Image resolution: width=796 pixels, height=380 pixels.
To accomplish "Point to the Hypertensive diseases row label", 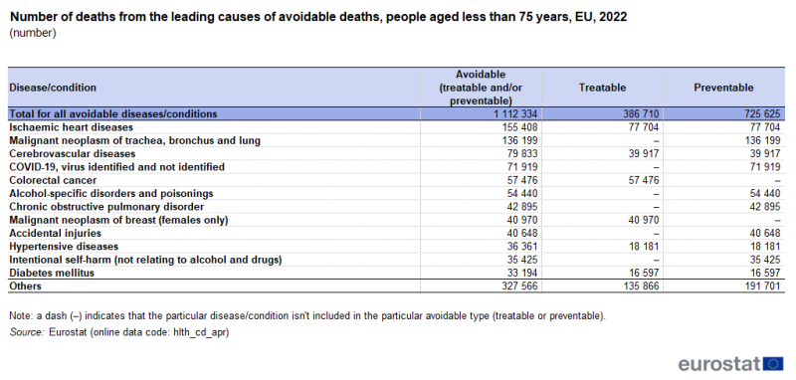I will click(64, 245).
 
